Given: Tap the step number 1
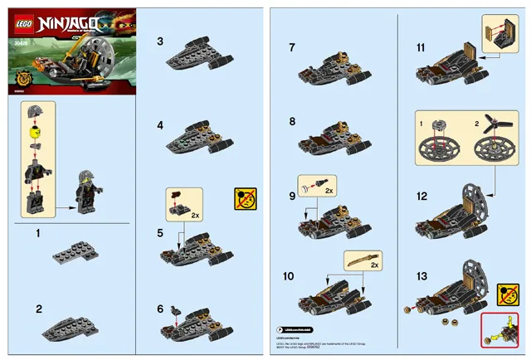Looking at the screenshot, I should (37, 235).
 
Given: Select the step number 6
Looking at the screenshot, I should (161, 309).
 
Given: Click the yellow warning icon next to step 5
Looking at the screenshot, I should (245, 199).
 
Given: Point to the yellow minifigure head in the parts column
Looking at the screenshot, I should (35, 130).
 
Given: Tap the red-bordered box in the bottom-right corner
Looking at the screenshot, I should (499, 331).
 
